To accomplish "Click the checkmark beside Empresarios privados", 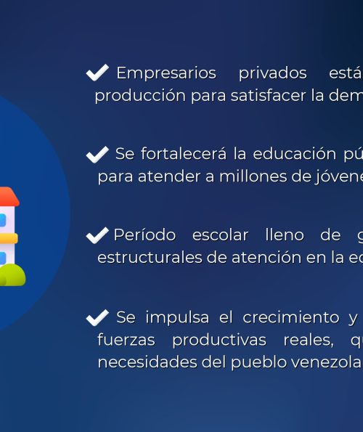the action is click(97, 73).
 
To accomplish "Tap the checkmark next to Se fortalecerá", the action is click(97, 155).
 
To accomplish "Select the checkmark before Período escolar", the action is click(97, 235).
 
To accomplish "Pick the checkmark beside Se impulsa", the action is click(97, 318).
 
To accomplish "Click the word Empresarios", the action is click(166, 73).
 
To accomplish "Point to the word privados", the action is click(273, 73).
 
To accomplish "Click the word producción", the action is click(140, 97).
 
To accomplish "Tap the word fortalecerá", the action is click(184, 153).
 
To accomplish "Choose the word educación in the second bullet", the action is click(295, 154).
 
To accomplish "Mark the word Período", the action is click(144, 235).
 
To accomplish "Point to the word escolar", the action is click(220, 235).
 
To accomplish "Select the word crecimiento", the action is click(291, 317).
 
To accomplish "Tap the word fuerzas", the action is click(126, 340).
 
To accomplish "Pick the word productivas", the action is click(219, 341).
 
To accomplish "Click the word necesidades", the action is click(147, 362).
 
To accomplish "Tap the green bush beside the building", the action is click(12, 274).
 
